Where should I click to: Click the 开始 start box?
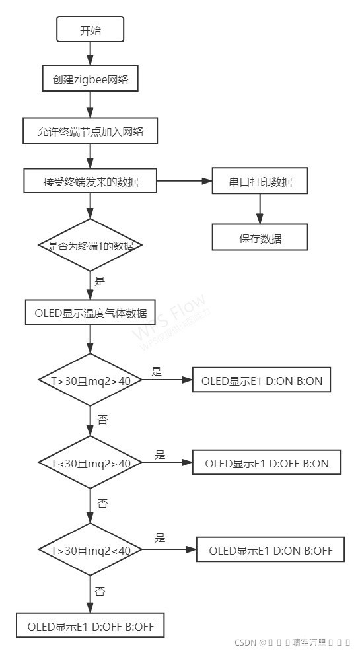[x=90, y=30]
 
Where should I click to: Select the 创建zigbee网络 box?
[x=90, y=79]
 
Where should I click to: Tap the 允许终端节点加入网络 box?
[x=90, y=131]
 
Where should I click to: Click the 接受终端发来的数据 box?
[x=90, y=182]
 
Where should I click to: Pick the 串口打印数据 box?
[x=260, y=182]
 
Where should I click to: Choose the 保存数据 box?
[x=260, y=238]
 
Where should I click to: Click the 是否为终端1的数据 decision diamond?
[x=90, y=245]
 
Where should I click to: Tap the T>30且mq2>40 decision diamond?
[x=90, y=381]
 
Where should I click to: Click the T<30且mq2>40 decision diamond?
[x=90, y=464]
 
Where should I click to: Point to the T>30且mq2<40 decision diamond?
[x=90, y=550]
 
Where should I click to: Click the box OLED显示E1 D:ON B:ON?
[x=261, y=380]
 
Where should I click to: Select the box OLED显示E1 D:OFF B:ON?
[x=266, y=464]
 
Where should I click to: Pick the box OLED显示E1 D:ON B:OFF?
[x=271, y=550]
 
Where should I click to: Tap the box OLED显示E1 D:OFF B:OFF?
[x=90, y=626]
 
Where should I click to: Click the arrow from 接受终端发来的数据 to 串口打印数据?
[x=184, y=180]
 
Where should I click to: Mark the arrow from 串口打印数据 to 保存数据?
[x=260, y=209]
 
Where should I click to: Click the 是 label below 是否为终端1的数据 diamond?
[x=100, y=281]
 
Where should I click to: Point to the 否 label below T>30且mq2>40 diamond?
[x=102, y=419]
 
